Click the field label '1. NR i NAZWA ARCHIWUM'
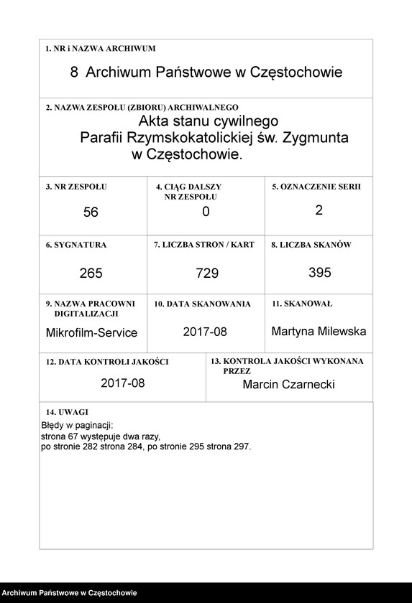101,48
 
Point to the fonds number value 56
91,212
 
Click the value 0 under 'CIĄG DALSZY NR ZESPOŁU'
206,211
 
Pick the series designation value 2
319,210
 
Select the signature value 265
91,274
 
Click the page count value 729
206,274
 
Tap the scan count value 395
319,272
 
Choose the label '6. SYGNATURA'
76,245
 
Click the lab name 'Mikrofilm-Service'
91,333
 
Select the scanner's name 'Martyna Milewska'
319,332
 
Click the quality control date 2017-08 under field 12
123,383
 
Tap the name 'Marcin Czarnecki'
288,385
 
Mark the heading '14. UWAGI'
67,412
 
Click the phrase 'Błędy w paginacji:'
77,426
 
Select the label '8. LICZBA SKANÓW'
311,245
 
